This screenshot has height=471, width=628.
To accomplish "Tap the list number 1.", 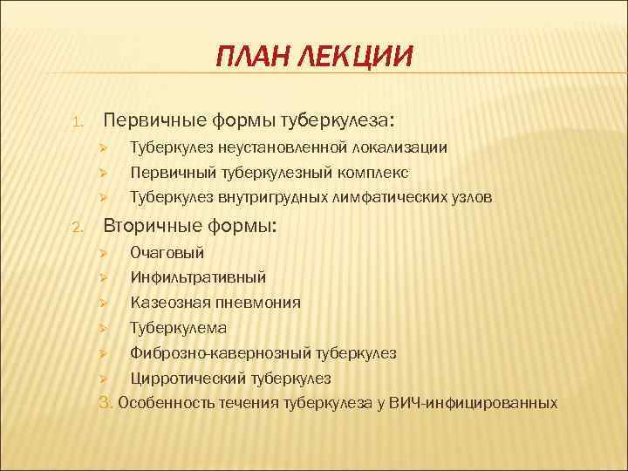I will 77,120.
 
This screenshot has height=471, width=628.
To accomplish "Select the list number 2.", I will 77,229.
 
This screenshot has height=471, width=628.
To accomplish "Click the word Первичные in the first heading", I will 154,119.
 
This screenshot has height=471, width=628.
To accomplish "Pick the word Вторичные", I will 154,227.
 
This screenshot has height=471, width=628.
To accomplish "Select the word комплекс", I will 375,173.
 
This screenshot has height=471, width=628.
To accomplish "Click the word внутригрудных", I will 267,197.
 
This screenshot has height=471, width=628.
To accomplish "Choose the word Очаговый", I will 167,253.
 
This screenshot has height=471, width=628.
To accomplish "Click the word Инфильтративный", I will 198,277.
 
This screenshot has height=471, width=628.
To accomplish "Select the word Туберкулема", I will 178,328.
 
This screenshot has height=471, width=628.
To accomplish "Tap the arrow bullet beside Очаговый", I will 102,253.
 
